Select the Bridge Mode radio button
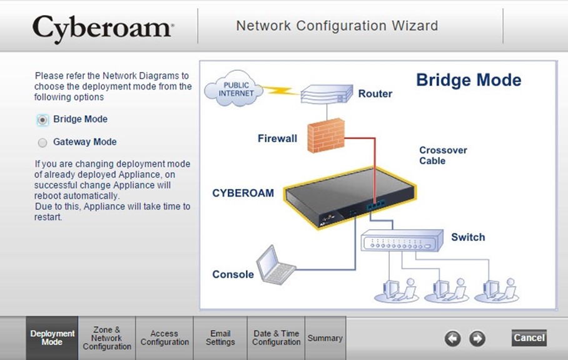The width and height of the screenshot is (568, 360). coord(43,120)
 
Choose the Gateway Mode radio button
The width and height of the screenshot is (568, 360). coord(43,143)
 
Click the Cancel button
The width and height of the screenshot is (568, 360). coord(529,338)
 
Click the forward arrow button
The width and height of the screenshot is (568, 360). coord(477,339)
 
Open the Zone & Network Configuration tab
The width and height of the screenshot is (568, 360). coord(107,338)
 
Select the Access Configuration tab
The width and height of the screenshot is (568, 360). coord(165,338)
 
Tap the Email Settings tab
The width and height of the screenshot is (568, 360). coord(220,338)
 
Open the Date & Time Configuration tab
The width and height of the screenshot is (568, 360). coord(276,338)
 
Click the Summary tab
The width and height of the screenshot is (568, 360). coord(325,338)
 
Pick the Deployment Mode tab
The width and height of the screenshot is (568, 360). coord(52,338)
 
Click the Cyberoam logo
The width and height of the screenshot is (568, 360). coord(103,28)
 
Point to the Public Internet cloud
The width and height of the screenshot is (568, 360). coord(235,88)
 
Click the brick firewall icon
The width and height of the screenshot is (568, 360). coord(326,135)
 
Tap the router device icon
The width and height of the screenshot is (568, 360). coord(327,95)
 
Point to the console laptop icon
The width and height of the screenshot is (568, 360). coord(276,265)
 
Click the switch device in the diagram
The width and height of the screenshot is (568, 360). coord(402,240)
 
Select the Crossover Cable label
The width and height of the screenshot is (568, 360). coord(443,155)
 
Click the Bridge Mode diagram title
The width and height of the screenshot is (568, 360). coord(469,80)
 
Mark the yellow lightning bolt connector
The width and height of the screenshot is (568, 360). coord(281,90)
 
